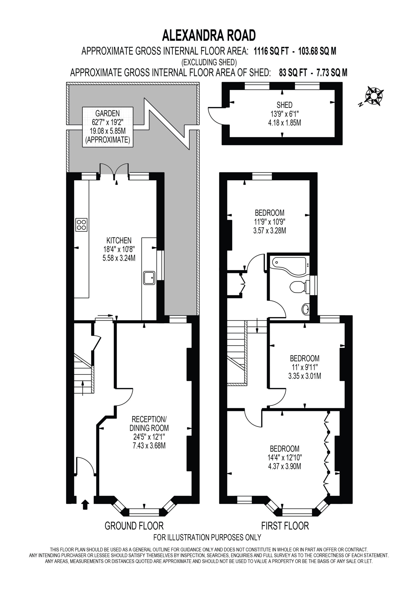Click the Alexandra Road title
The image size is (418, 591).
point(209,36)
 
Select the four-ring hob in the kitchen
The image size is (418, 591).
point(81,225)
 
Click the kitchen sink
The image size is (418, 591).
point(149,278)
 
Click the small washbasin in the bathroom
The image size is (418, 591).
point(306,309)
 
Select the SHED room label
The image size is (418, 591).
point(284,105)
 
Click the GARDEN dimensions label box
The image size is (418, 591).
point(108,127)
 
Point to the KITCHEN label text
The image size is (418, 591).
point(119,240)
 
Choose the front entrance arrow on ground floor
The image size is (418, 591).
point(85,504)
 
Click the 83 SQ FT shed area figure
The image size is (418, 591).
point(293,73)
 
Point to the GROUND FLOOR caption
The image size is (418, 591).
point(134,526)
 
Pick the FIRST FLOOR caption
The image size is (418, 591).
point(285,526)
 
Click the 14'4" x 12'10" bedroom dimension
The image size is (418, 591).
point(285,457)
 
